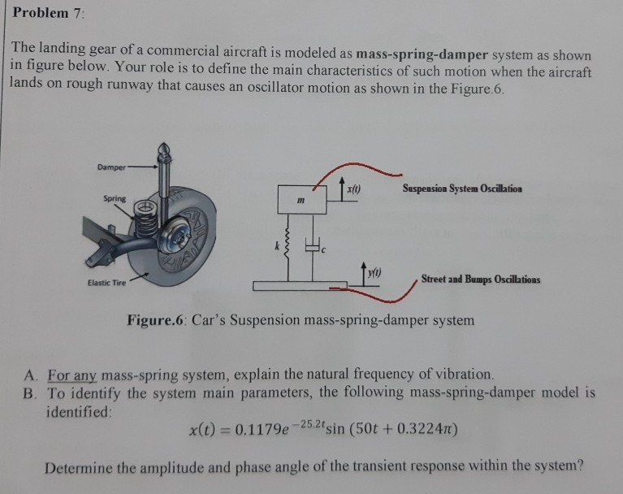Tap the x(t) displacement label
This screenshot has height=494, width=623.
pos(353,189)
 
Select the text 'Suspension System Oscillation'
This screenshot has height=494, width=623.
pos(462,188)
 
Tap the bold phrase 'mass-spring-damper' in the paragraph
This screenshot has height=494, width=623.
pos(422,54)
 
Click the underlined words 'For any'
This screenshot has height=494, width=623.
pos(72,375)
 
